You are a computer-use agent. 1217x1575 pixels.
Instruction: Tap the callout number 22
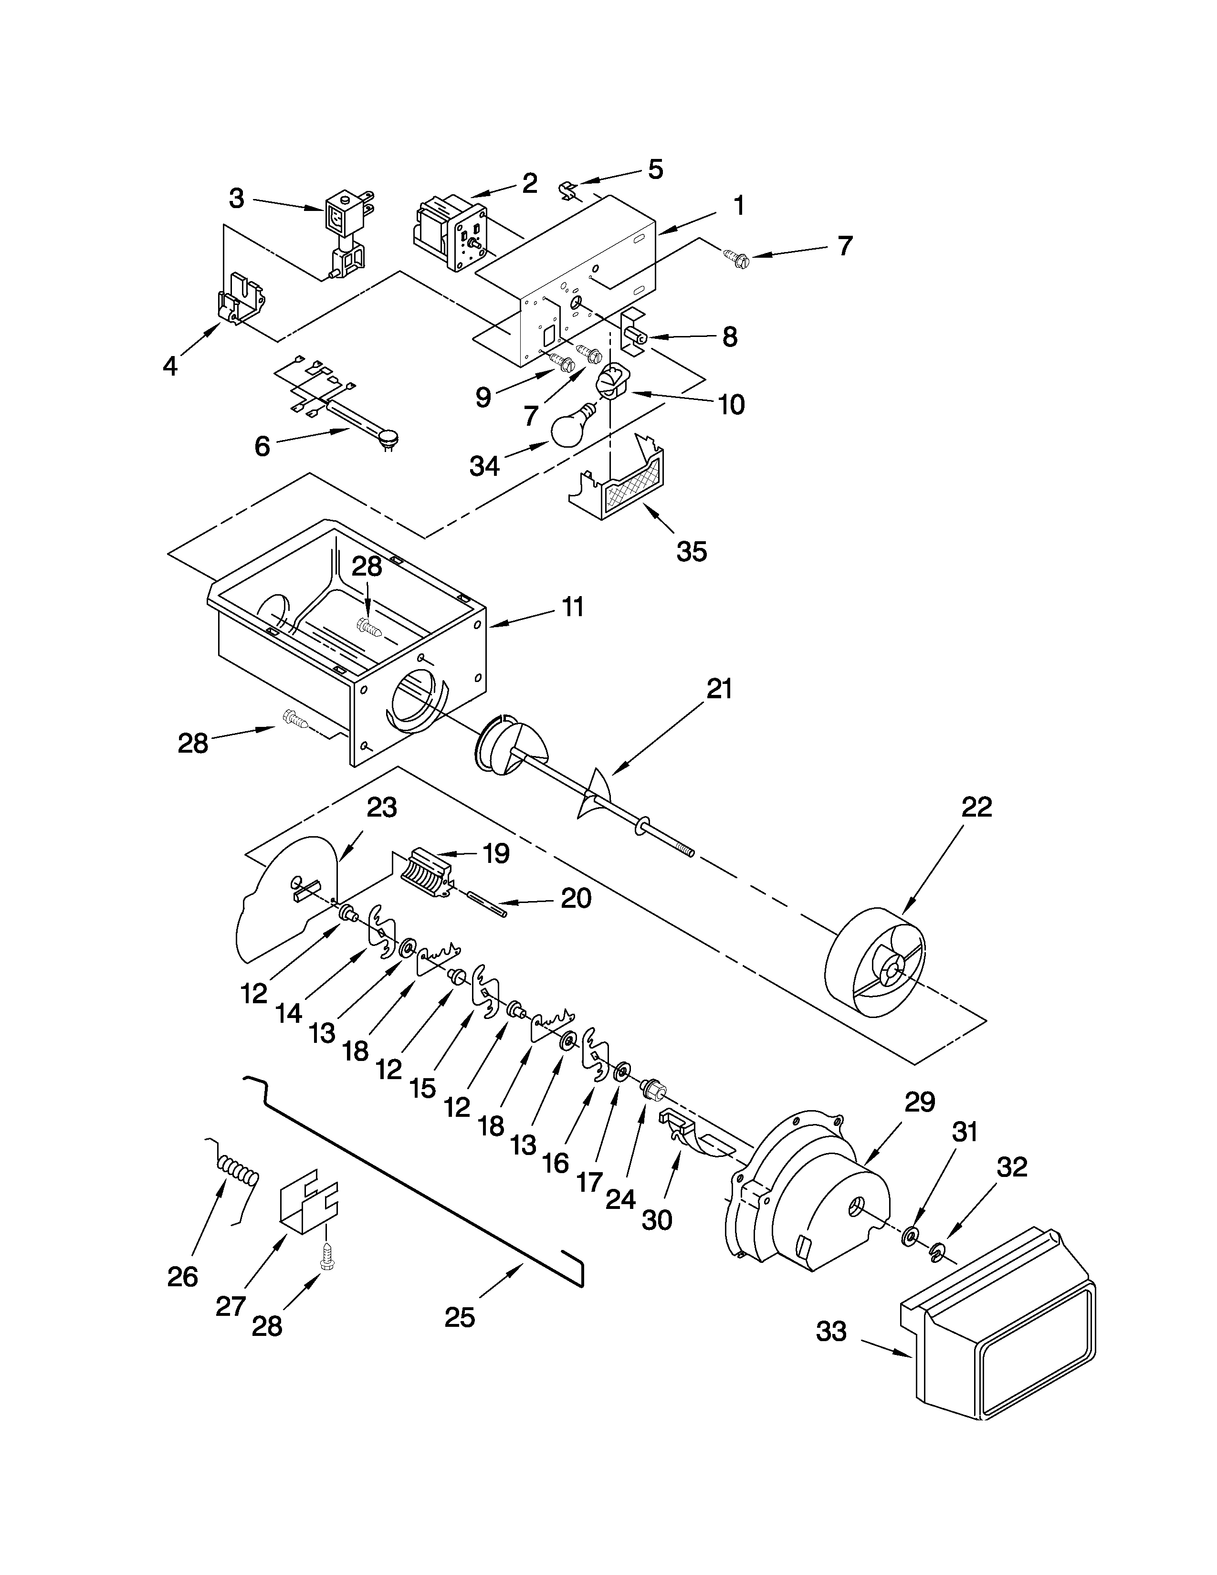(x=976, y=806)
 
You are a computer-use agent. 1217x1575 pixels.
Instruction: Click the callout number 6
(x=262, y=446)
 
